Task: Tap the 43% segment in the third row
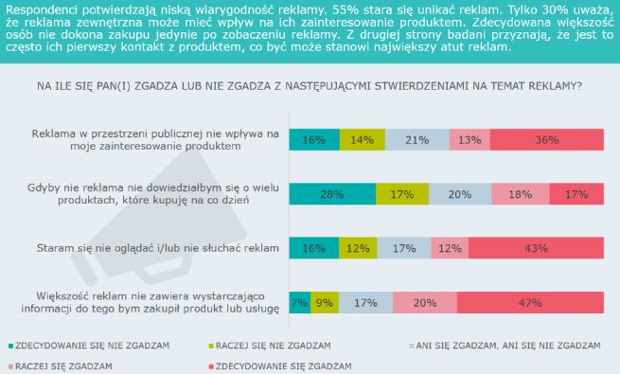click(538, 248)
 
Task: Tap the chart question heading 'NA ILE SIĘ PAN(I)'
click(310, 85)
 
